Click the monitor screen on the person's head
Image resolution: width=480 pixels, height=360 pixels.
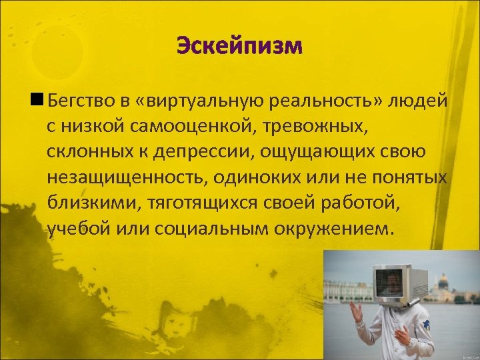[389, 283]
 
